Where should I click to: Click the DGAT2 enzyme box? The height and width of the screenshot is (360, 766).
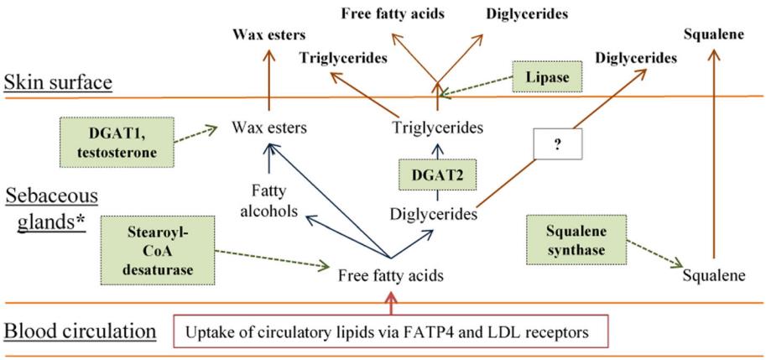[436, 175]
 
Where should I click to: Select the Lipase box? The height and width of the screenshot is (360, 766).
[550, 78]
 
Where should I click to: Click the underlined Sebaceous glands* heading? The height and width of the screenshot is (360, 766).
[50, 210]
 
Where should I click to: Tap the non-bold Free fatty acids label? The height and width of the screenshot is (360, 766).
[390, 274]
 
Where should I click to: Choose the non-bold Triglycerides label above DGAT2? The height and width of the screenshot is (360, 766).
[437, 128]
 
